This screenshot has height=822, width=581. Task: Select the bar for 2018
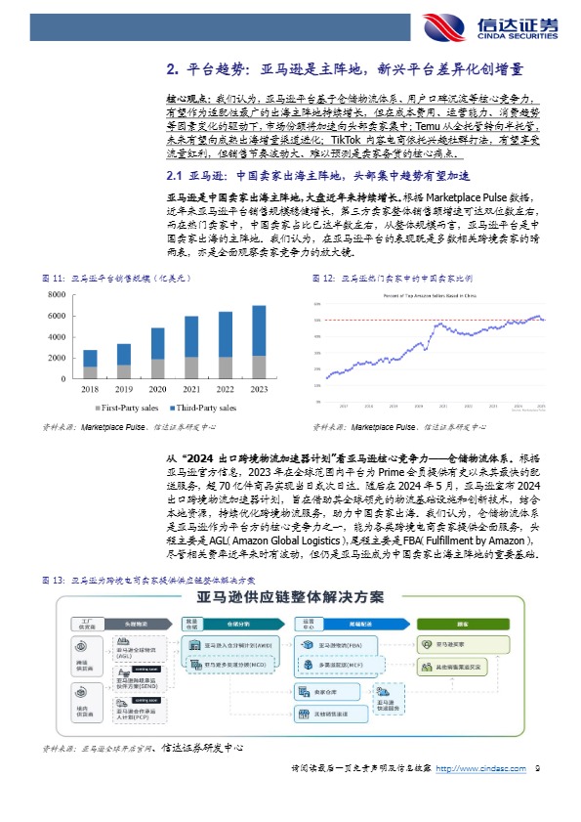coord(90,365)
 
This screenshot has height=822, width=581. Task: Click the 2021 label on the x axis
coord(191,387)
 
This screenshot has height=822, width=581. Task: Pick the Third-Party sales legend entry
coord(201,407)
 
